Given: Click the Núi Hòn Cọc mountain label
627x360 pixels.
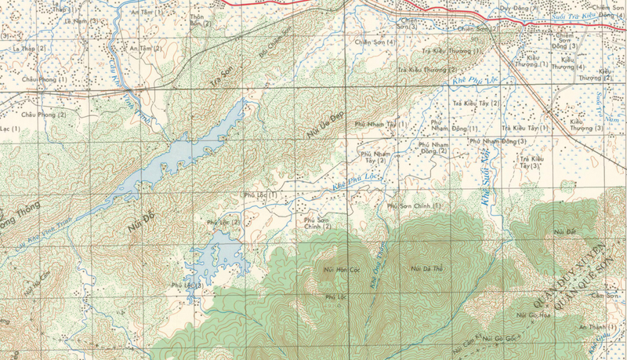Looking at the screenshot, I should click(341, 270).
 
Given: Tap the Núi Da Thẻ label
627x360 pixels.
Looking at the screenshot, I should click(427, 269).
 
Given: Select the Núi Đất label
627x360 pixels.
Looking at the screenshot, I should click(564, 231).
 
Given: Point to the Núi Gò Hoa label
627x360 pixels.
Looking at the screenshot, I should click(531, 315).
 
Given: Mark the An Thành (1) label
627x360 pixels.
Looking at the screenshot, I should click(592, 326).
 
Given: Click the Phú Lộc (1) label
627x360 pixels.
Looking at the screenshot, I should click(261, 195).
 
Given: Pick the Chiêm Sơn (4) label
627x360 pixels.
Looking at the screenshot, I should click(373, 42).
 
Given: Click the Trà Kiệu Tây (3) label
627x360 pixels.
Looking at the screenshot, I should click(530, 162).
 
